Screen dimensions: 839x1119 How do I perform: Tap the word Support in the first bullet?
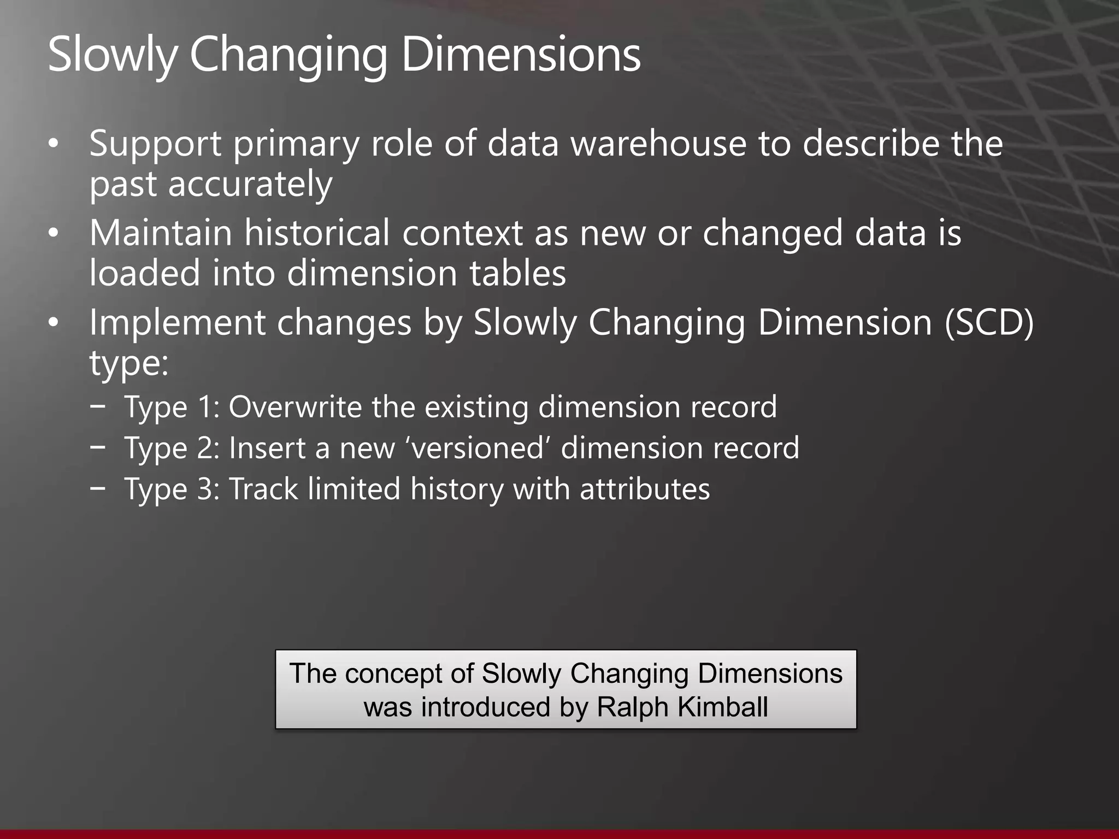coord(155,144)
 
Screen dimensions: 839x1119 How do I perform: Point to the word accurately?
coord(250,184)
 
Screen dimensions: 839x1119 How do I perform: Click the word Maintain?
coord(161,233)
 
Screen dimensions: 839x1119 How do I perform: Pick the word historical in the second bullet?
coord(317,233)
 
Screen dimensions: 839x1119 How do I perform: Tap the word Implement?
coord(177,323)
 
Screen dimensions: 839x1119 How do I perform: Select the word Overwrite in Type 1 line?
coord(295,407)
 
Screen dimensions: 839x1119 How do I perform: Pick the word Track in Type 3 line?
coord(263,489)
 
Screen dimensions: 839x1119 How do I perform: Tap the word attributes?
coord(645,489)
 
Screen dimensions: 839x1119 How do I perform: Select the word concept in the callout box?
coord(394,673)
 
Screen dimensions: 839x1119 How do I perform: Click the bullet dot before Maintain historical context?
coord(53,234)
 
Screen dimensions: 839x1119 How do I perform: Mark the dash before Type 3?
coord(98,487)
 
